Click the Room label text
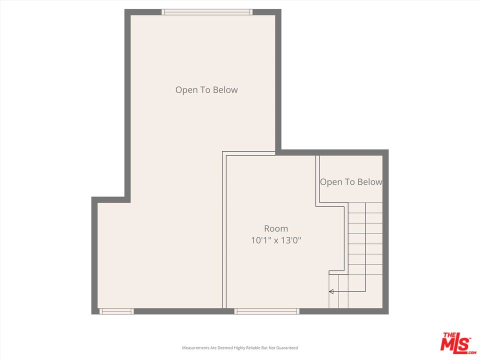[276, 229]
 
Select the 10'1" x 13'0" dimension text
[276, 240]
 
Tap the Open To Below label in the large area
[206, 90]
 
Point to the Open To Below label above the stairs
[351, 182]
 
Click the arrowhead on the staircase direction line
[331, 291]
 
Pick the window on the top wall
[207, 12]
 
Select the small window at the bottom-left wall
[116, 311]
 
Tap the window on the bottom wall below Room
[267, 311]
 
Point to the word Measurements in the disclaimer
[195, 347]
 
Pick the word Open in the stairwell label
[330, 182]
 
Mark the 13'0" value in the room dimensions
[290, 240]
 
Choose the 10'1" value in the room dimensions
[260, 240]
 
